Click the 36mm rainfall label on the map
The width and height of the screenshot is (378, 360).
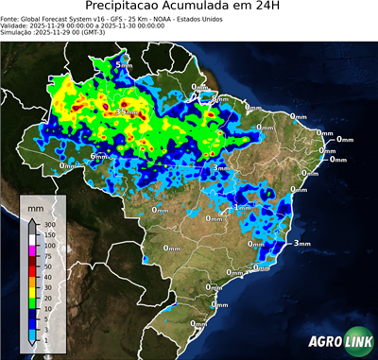point(126,112)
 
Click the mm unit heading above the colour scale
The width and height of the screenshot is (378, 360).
point(35,205)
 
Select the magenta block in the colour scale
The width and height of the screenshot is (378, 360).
point(33,250)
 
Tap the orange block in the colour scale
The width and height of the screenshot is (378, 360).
point(33,280)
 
